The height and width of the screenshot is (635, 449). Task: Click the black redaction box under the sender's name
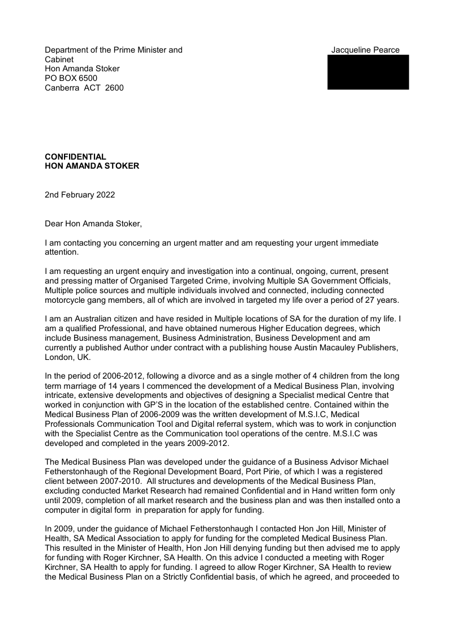pyautogui.click(x=368, y=72)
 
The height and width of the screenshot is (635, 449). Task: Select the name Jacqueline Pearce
pyautogui.click(x=365, y=50)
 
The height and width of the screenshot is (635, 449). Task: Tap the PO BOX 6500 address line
pyautogui.click(x=71, y=78)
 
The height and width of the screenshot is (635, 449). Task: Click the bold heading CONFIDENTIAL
pyautogui.click(x=75, y=157)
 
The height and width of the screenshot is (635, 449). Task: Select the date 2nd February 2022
pyautogui.click(x=80, y=195)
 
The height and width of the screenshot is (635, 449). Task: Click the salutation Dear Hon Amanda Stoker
pyautogui.click(x=93, y=224)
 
